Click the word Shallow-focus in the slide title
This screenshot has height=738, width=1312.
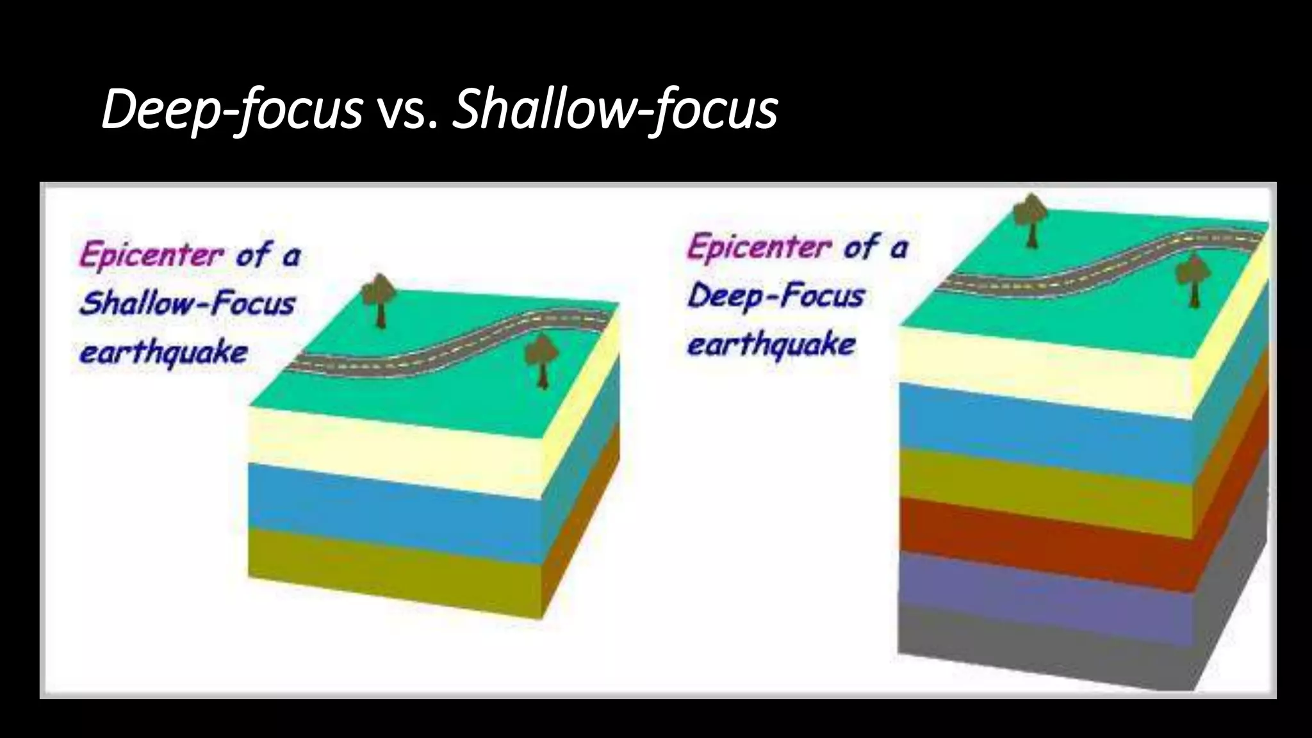click(615, 110)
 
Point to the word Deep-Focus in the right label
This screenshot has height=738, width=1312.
click(776, 296)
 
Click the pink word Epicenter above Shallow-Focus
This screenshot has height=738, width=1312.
click(151, 254)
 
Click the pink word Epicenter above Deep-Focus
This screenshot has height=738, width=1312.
click(759, 247)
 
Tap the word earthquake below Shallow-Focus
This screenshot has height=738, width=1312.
click(163, 352)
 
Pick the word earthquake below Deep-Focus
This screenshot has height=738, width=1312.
click(771, 345)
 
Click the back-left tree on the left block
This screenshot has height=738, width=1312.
click(379, 299)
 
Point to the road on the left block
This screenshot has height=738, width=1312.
click(448, 349)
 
